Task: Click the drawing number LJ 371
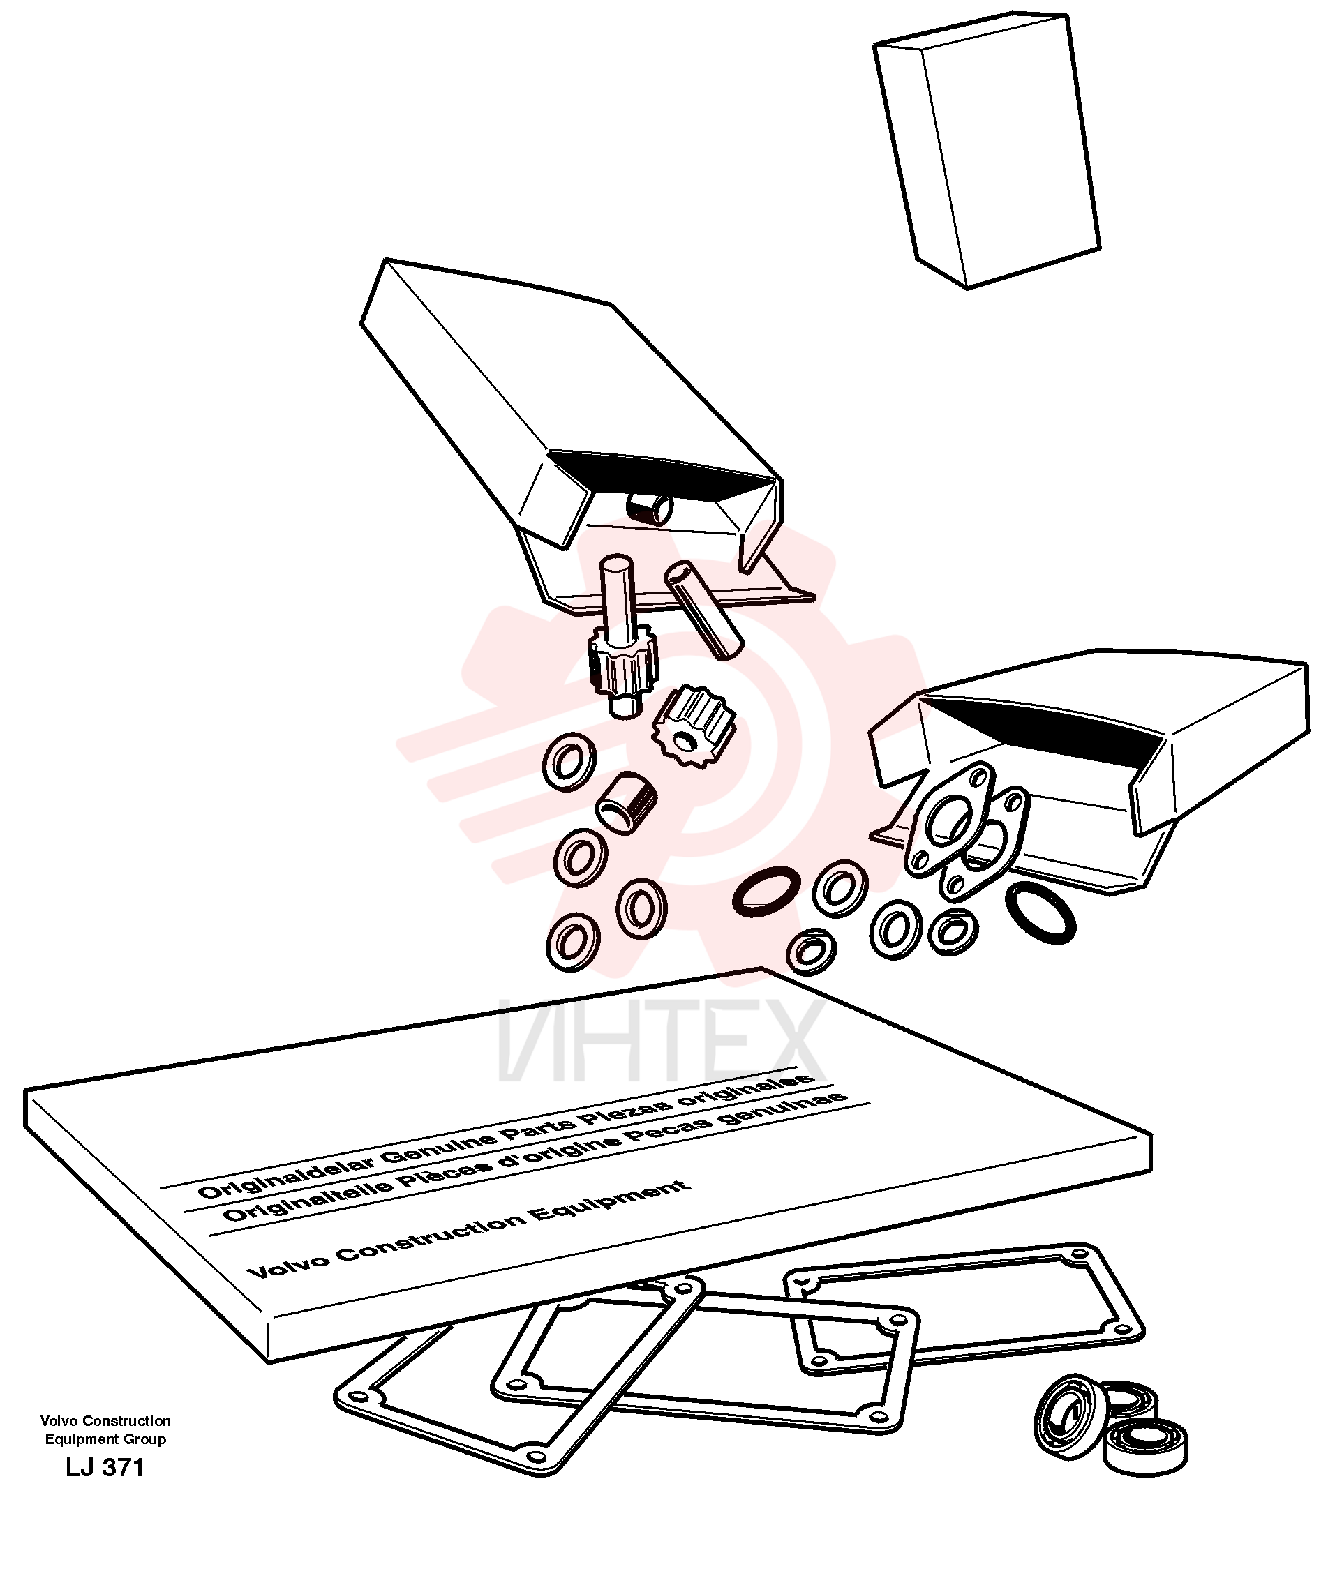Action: coord(105,1467)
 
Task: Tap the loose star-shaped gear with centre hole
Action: coord(694,724)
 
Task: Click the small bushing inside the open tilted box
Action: coord(650,506)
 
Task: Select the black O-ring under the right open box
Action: coord(1040,913)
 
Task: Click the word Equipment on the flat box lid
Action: coord(611,1201)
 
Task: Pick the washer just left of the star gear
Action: coord(569,761)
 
